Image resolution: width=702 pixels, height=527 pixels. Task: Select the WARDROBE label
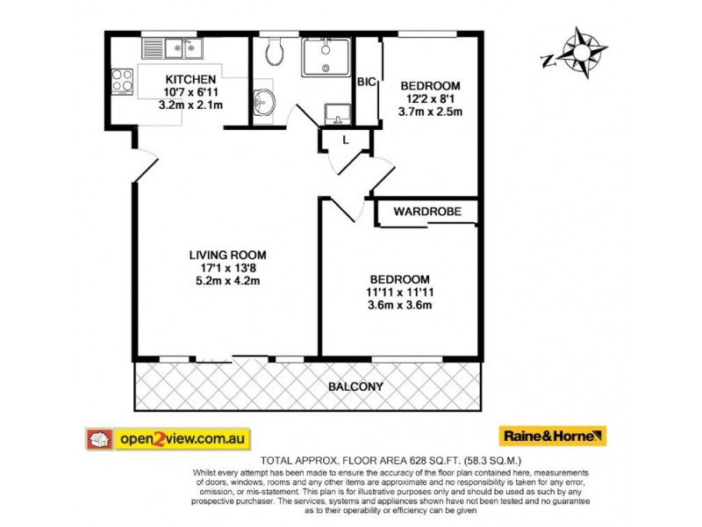click(424, 212)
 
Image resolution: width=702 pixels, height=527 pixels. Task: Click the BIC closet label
click(366, 82)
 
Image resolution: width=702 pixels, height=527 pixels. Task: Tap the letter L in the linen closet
click(347, 141)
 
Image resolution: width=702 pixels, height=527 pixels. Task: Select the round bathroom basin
click(262, 105)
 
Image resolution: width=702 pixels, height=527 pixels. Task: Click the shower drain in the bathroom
click(326, 66)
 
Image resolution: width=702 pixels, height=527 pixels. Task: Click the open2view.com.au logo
click(168, 437)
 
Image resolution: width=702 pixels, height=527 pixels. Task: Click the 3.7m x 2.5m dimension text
click(431, 112)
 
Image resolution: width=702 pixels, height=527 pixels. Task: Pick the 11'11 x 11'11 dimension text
click(399, 292)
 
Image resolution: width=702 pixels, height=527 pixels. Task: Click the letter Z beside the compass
click(547, 60)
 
